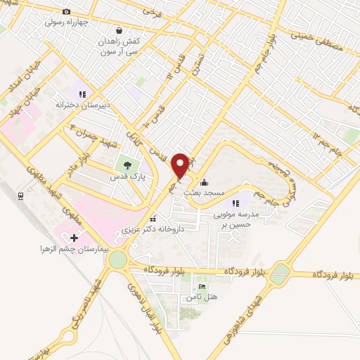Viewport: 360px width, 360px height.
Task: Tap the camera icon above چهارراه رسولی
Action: tap(67, 11)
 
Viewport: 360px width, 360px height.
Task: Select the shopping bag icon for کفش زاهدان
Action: tap(119, 31)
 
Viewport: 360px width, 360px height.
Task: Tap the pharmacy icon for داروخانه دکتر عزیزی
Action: tap(153, 218)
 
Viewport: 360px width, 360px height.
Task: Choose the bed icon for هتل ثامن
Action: tap(202, 287)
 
